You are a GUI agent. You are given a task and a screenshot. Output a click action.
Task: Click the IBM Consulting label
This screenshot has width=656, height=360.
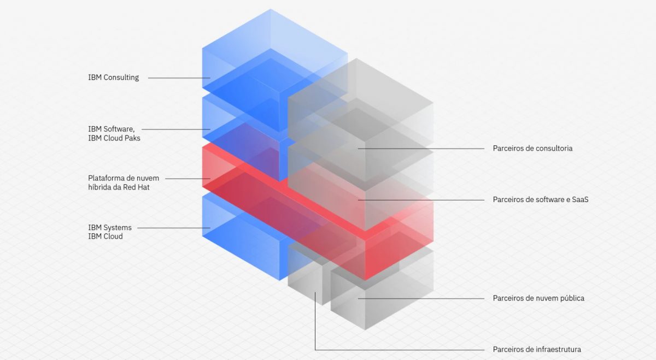point(114,78)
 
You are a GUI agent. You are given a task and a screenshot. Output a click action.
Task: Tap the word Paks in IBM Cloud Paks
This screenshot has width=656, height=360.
point(132,138)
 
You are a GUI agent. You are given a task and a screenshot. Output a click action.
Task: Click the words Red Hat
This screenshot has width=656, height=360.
point(136,187)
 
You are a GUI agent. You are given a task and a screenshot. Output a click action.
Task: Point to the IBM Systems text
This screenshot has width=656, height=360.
point(110,228)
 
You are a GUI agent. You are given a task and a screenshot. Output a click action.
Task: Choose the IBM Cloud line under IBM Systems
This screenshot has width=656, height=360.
point(106,237)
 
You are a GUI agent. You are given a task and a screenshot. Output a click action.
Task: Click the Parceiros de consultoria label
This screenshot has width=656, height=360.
point(532,149)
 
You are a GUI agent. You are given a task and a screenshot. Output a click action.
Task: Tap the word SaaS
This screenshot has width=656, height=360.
point(580,199)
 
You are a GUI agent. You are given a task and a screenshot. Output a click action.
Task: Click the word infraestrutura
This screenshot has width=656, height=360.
point(559,350)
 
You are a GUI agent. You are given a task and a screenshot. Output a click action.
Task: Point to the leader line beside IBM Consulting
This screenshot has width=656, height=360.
point(179,78)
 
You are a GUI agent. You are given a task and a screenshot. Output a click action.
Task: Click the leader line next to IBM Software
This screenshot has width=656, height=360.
point(175,129)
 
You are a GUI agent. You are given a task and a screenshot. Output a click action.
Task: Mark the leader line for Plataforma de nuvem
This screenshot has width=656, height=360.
point(188,179)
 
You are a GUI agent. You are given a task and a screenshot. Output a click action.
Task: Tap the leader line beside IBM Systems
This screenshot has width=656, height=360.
point(174,228)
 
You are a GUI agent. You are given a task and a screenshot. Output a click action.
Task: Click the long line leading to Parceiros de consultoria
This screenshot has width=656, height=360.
point(421,149)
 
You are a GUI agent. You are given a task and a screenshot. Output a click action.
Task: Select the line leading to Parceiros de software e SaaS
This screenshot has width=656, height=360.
point(421,200)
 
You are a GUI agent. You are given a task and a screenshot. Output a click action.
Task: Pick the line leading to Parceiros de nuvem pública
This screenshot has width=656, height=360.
point(421,299)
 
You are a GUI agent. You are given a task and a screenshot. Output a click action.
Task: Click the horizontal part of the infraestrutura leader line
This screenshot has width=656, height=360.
point(400,350)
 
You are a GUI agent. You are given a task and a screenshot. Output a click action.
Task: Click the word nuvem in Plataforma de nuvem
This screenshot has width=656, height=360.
point(149,178)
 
